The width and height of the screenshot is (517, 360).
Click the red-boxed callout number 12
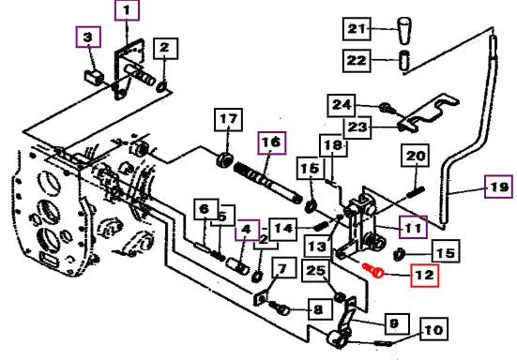[425, 276]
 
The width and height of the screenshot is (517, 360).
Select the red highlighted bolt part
[373, 270]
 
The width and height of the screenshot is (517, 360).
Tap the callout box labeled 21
[357, 29]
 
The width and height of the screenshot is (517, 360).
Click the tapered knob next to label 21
[404, 30]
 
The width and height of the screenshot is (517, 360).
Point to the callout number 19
[498, 187]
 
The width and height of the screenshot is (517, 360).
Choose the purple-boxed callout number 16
[272, 142]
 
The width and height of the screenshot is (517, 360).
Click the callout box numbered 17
[229, 120]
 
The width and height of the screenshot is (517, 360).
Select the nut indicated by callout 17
[224, 159]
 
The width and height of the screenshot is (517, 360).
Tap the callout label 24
[342, 105]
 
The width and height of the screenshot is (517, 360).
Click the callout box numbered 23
[357, 127]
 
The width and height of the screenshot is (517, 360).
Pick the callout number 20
[415, 156]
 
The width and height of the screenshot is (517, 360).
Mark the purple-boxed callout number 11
[413, 227]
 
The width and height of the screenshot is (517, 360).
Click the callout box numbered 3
[88, 37]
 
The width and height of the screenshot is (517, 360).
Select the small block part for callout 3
[94, 78]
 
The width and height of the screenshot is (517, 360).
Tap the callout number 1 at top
[127, 10]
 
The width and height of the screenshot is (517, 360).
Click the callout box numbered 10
[433, 329]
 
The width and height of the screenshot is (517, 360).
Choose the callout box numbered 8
[320, 309]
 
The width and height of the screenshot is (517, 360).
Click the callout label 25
[316, 270]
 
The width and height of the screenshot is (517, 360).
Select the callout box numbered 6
[205, 209]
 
